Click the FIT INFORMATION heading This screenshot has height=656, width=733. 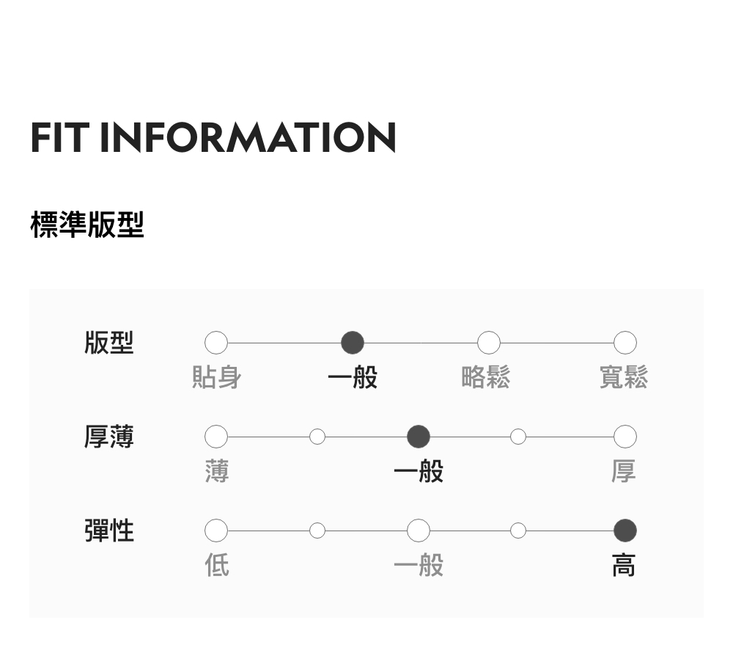tap(213, 138)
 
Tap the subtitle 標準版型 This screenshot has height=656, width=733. tap(87, 225)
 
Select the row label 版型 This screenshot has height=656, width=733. tap(109, 343)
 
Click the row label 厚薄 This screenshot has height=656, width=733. tap(109, 437)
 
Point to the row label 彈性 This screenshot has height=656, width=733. tap(109, 530)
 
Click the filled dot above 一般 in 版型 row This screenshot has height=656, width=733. tap(353, 343)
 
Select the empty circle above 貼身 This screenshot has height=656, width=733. tap(216, 343)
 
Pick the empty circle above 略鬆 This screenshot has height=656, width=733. tap(489, 343)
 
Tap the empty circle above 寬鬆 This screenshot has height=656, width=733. tap(625, 343)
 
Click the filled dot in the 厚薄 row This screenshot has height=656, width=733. tap(419, 437)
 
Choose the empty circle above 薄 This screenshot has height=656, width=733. tap(216, 437)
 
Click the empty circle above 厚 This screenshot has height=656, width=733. tap(625, 437)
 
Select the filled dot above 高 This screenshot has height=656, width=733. tap(625, 530)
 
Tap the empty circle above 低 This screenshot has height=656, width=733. tap(216, 530)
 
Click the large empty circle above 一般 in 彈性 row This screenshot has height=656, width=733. tap(419, 530)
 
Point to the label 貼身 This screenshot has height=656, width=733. tap(216, 378)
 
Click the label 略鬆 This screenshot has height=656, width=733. tap(486, 378)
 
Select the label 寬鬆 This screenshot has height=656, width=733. tap(624, 378)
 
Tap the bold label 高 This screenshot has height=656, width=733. tap(624, 566)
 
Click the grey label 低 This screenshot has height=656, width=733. tap(217, 566)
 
